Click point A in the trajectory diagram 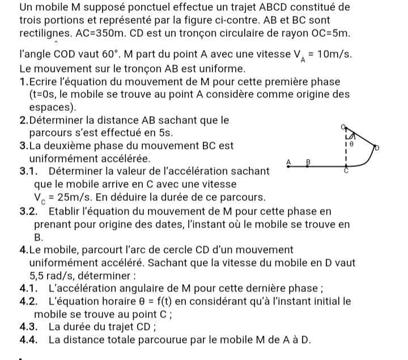(288, 161)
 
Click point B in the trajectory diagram (308, 161)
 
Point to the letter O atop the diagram (344, 127)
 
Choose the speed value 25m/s (73, 198)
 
